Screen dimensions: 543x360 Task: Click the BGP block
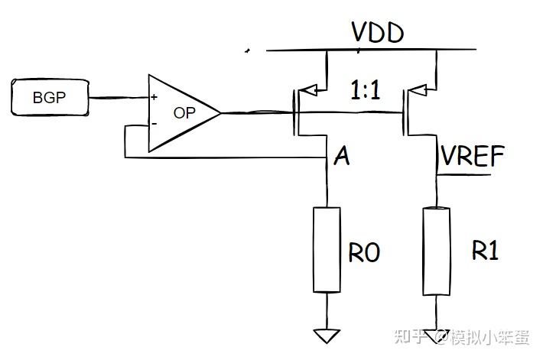click(50, 97)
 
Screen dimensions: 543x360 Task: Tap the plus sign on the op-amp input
click(154, 97)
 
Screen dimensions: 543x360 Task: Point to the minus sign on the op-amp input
click(154, 124)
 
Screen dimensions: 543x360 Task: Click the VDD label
click(378, 33)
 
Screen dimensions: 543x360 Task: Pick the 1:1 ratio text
click(366, 90)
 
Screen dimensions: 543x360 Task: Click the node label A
click(342, 156)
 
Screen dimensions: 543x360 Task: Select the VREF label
click(473, 156)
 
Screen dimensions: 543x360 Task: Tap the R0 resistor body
click(327, 250)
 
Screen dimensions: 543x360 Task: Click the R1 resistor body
click(437, 251)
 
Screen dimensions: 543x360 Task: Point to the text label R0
click(364, 252)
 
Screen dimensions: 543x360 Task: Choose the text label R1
click(486, 250)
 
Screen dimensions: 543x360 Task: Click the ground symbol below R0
click(327, 336)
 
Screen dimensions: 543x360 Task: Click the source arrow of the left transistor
click(308, 90)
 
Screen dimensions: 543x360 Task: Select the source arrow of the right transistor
click(418, 90)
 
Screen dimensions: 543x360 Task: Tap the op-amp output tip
click(220, 113)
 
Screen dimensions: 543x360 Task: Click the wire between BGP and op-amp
click(119, 98)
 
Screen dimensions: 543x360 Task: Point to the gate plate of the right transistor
click(404, 112)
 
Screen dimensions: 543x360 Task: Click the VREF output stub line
click(464, 174)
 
